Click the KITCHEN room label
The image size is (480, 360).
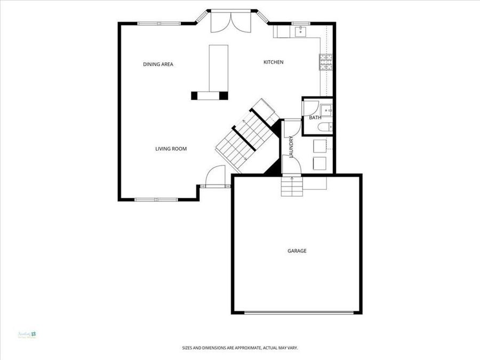tap(273, 62)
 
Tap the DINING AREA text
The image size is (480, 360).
tap(158, 65)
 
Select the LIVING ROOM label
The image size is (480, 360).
tap(171, 149)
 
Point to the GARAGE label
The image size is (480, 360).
tap(297, 251)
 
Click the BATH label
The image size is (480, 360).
tap(315, 117)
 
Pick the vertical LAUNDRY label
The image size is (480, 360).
tap(292, 147)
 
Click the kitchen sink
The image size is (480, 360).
tap(301, 30)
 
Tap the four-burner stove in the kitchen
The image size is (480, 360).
tap(325, 62)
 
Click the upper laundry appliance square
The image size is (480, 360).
tap(320, 146)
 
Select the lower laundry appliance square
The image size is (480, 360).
tap(320, 163)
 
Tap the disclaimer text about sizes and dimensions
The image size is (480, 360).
tap(239, 348)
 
